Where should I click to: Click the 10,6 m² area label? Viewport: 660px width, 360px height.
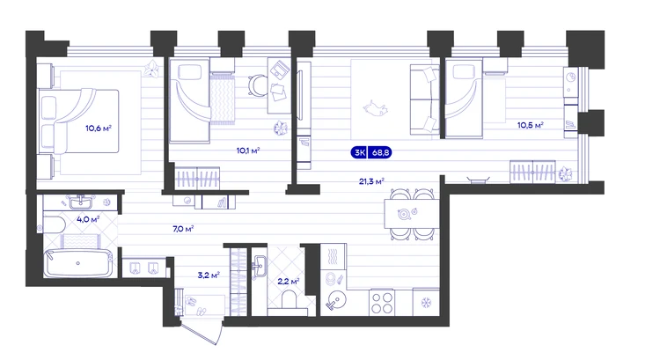point(99,128)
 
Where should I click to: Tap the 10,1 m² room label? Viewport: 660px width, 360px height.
point(248,151)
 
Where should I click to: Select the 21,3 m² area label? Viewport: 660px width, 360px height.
point(371,181)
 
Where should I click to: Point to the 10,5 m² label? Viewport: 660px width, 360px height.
point(531,125)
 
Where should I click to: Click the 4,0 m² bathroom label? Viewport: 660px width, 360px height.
point(88,219)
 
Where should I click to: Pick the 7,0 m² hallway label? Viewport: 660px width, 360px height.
point(183,229)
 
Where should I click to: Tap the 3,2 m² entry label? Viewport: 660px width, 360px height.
point(209,276)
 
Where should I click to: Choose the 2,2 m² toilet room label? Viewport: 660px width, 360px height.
point(289,281)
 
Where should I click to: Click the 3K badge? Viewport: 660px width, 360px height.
point(359,152)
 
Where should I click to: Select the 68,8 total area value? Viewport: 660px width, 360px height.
point(380,152)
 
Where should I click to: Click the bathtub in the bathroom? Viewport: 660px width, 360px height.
point(78,263)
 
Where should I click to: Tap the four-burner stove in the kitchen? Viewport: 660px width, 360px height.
point(382,302)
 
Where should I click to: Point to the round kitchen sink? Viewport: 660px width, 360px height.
point(335,300)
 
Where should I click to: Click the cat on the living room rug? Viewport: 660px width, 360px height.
point(375,107)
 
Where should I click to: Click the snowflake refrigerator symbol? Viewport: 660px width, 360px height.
point(426,302)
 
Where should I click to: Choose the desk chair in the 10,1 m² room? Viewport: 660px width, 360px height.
point(257,85)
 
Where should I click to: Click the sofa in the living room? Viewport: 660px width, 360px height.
point(425,99)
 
